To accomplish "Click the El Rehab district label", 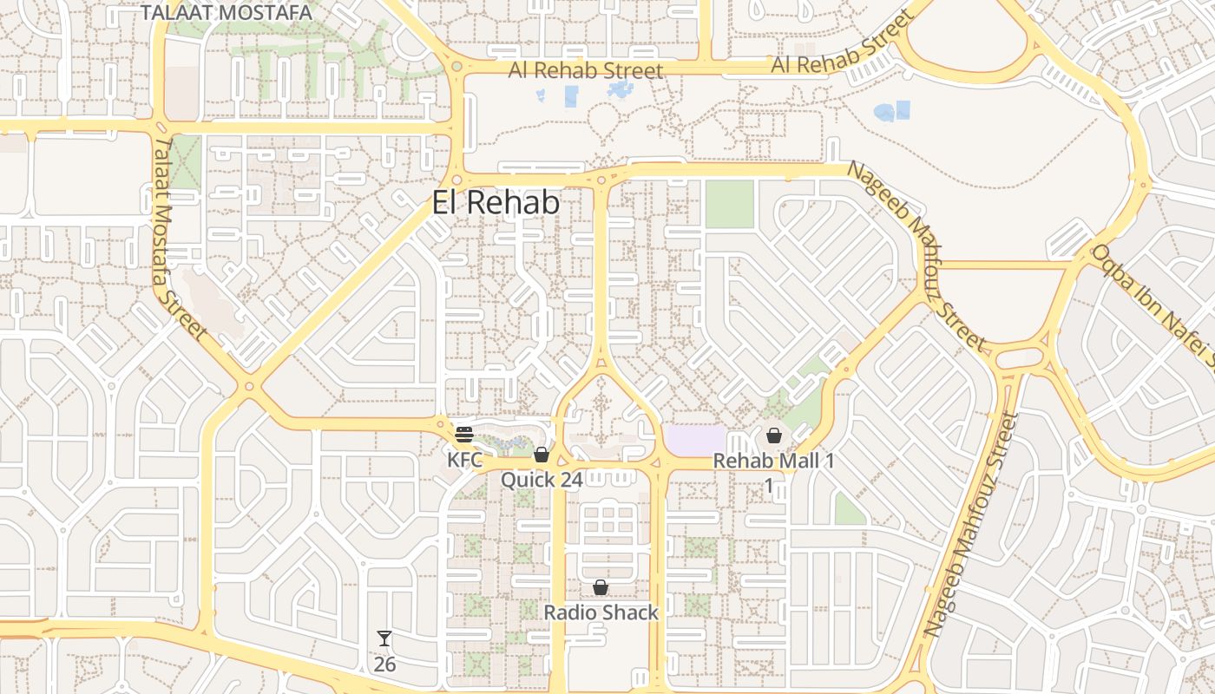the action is tap(496, 203).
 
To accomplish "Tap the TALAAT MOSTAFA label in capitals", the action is tap(226, 12).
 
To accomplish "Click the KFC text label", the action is tap(464, 459).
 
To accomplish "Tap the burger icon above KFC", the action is tap(464, 434).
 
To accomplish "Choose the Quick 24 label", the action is tap(541, 479).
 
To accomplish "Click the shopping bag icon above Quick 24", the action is tap(542, 455).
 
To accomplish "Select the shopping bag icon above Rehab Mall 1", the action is tap(773, 435).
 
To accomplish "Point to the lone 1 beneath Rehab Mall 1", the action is tap(768, 485).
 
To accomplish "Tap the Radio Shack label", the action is tap(601, 612).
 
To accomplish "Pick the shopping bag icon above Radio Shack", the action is tap(600, 588).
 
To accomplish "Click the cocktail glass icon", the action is tap(384, 639).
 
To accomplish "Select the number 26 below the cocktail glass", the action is tap(384, 665).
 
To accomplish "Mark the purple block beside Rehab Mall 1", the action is tap(694, 439).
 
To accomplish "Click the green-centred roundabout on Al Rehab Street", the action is tap(456, 66).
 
